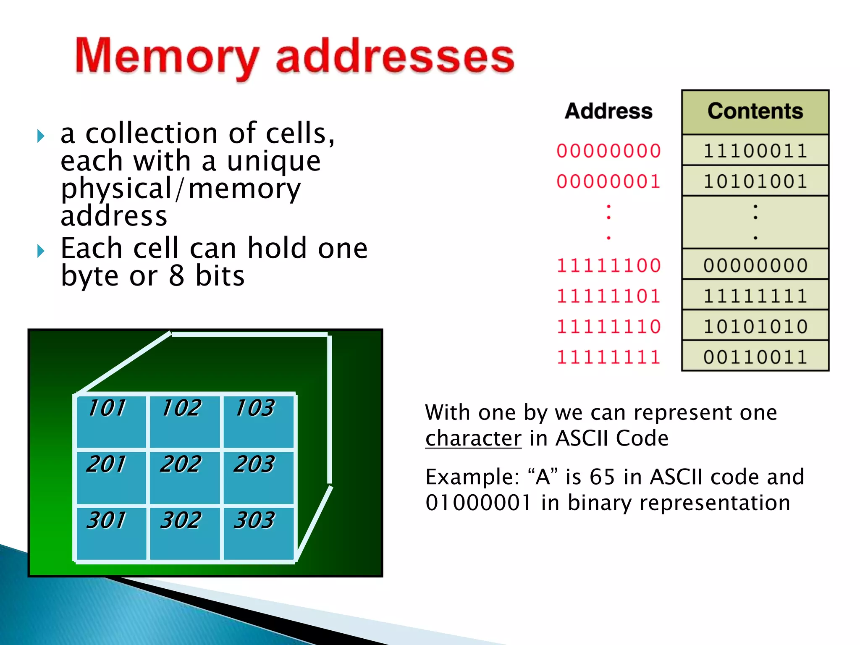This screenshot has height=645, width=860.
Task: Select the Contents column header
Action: pos(755,111)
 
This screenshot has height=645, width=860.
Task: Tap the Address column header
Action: pos(608,111)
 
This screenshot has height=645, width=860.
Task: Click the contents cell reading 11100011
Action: pos(755,151)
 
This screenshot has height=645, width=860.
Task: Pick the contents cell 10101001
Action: pos(755,181)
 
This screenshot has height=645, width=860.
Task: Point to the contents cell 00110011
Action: pos(755,357)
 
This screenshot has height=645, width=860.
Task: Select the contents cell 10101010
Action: pos(755,326)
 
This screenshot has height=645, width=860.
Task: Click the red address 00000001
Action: pos(608,181)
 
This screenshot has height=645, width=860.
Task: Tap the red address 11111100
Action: pos(608,265)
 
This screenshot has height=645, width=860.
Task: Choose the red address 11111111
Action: pos(608,357)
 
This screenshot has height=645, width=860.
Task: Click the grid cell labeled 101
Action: pos(111,421)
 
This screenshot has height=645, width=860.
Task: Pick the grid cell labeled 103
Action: pos(258,421)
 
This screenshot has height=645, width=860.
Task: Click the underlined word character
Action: pos(473,438)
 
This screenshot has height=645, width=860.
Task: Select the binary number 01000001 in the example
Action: pos(478,503)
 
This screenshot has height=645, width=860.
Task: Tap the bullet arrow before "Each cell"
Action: pos(41,251)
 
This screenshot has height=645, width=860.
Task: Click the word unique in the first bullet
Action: pos(274,162)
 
